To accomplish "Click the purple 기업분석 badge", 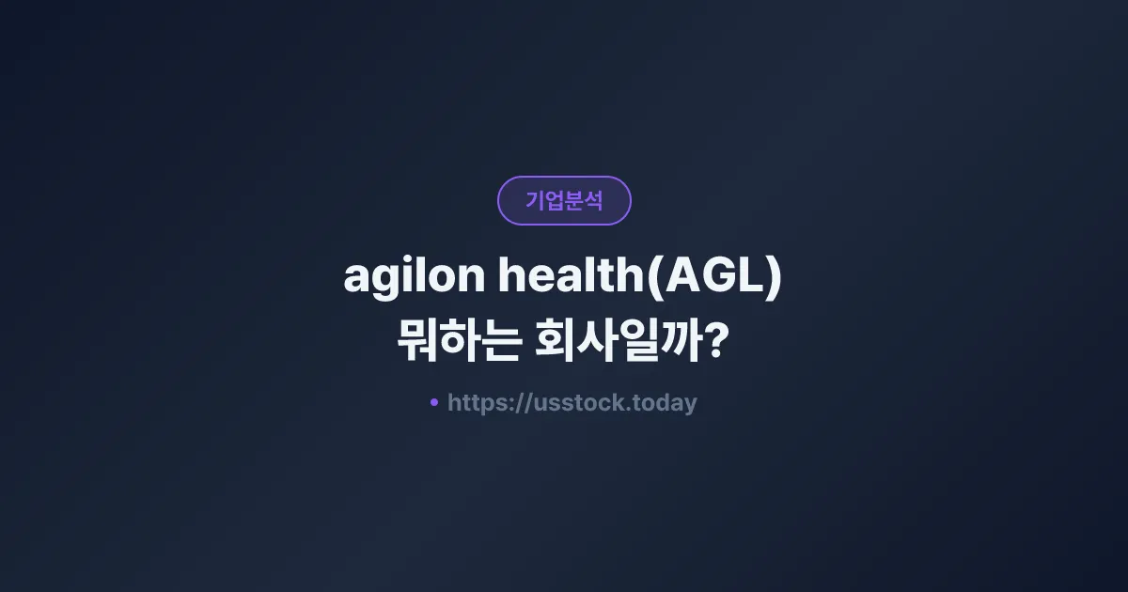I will point(564,200).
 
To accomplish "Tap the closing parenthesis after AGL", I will point(774,278).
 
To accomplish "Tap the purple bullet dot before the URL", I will point(433,402).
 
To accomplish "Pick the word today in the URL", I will point(665,404).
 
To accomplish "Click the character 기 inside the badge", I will point(535,200).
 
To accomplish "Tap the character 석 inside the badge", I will point(593,200).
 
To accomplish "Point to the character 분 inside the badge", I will point(573,200).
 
